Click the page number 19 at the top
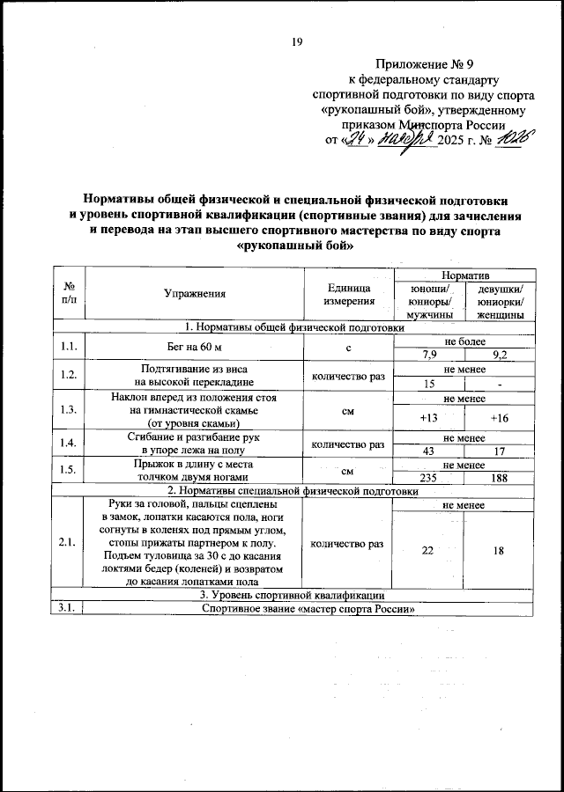[297, 42]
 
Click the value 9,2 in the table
[499, 355]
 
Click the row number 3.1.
[67, 609]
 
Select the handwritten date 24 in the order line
[356, 140]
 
